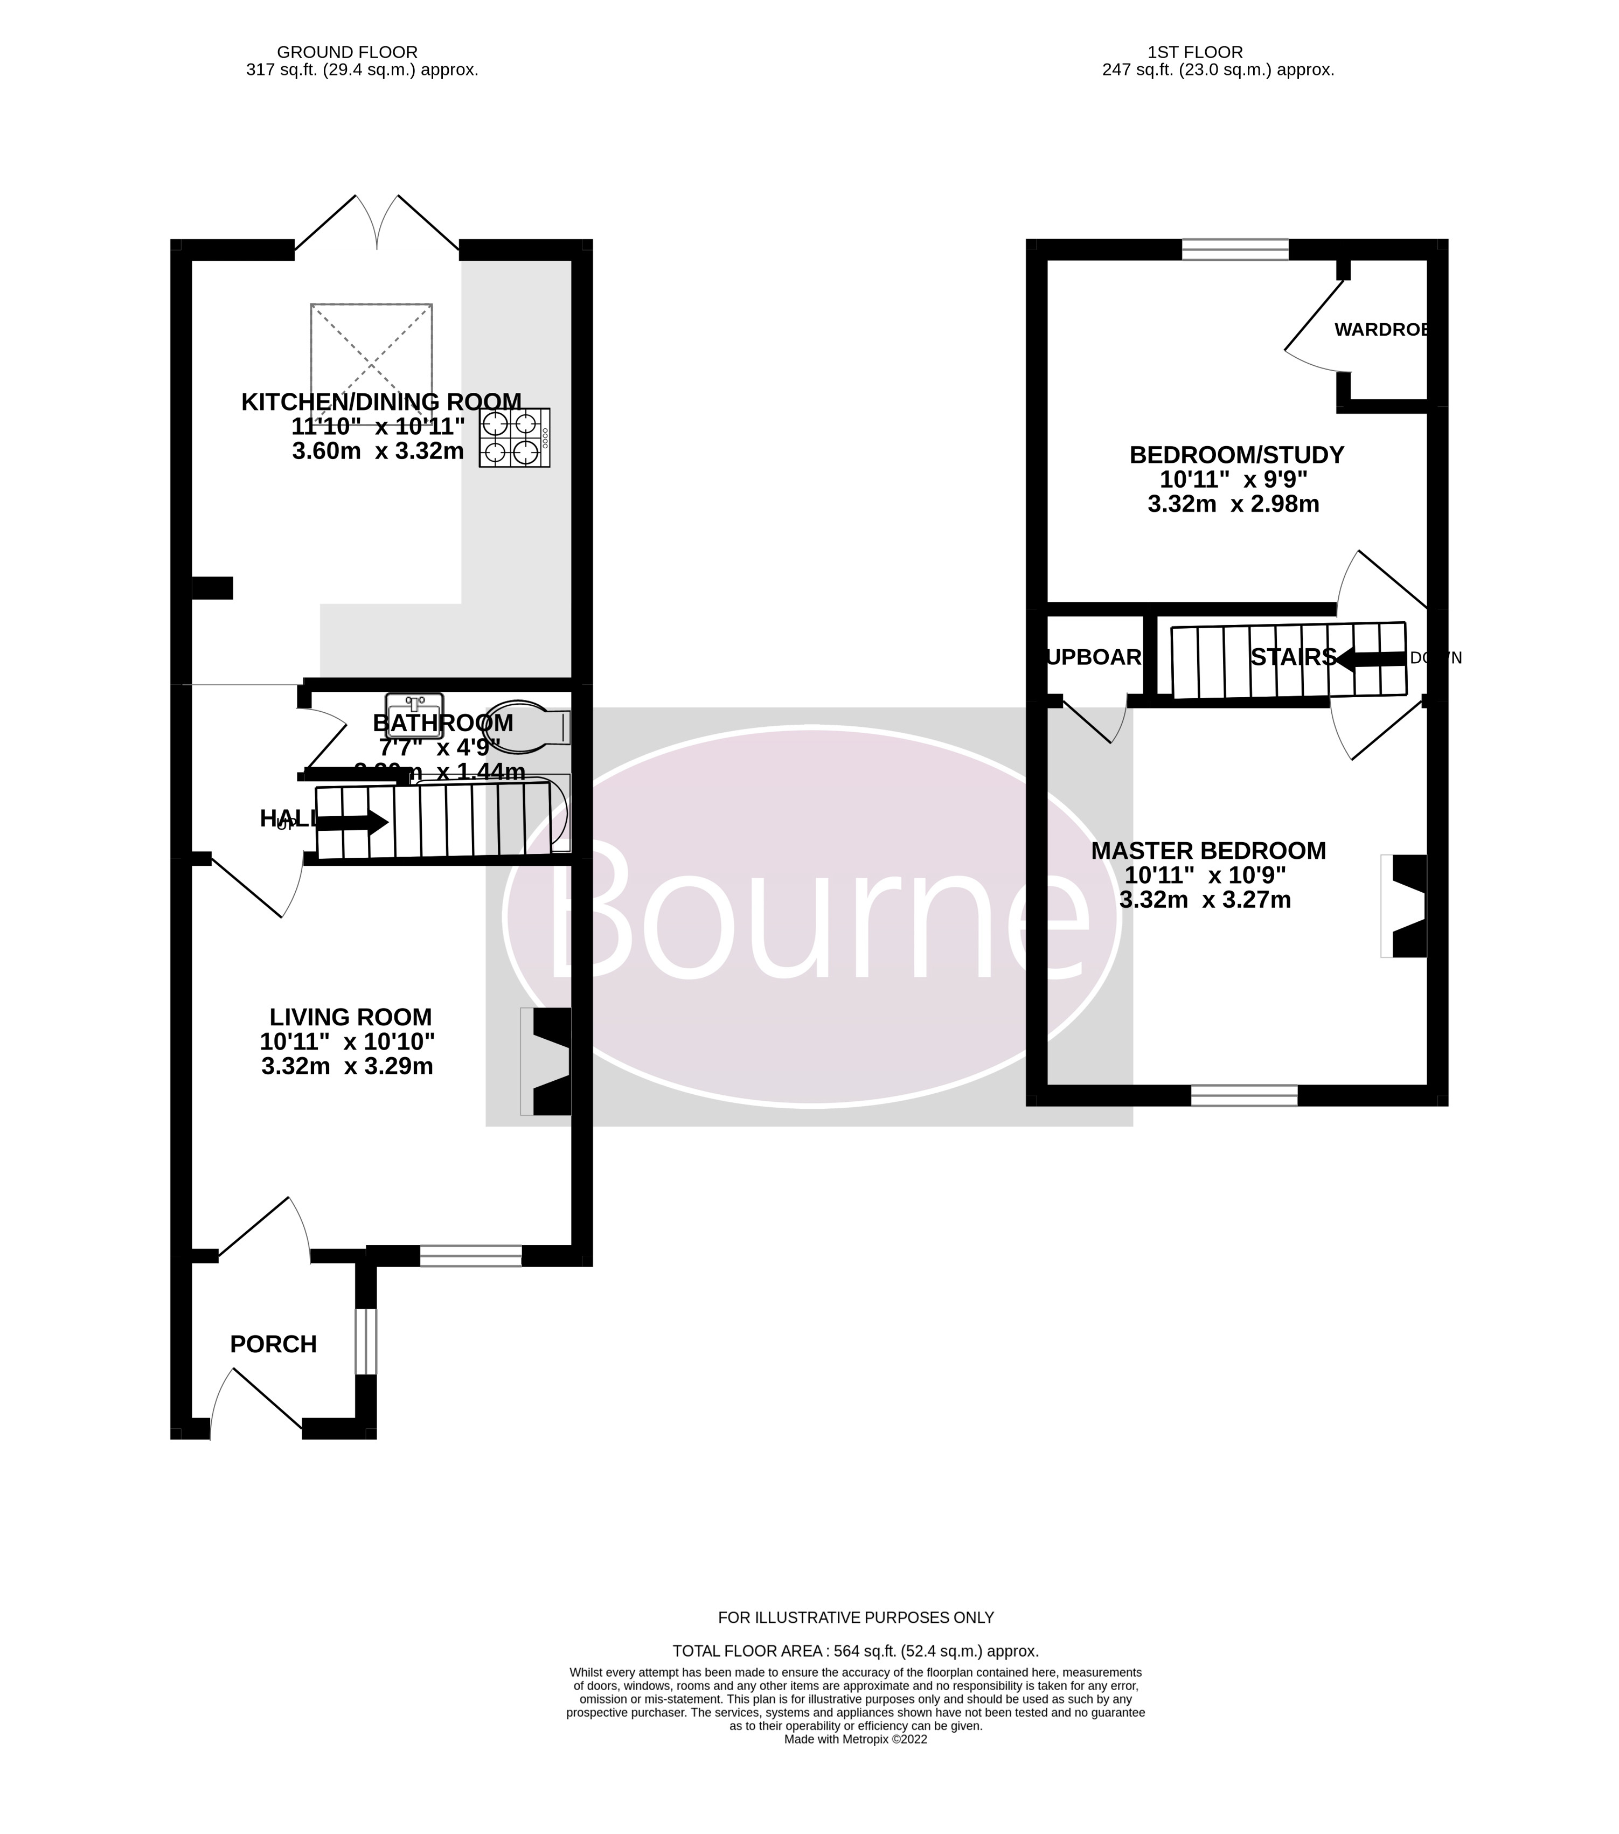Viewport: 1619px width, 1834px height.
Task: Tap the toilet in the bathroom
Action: pos(530,726)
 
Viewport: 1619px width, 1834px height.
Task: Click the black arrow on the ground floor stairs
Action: pos(353,822)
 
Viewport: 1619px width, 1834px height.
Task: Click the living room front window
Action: pos(470,1256)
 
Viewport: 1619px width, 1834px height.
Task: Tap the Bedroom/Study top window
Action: pos(1235,249)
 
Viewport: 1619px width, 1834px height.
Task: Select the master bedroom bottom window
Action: pos(1244,1095)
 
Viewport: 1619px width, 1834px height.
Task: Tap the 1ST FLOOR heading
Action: pos(1194,52)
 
